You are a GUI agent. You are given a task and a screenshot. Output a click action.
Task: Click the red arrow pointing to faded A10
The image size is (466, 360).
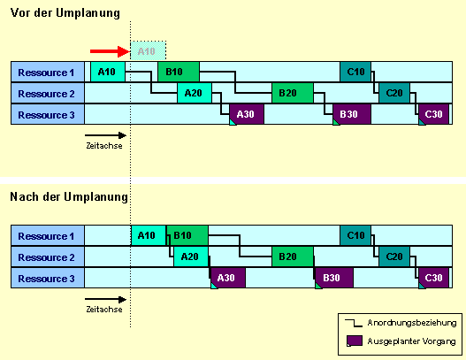click(x=111, y=51)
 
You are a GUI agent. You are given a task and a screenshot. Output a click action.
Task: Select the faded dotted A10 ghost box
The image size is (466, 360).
click(x=148, y=50)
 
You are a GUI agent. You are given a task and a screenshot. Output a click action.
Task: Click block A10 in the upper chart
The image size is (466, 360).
click(x=108, y=72)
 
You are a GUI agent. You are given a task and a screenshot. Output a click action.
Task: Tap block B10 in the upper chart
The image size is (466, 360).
click(x=179, y=72)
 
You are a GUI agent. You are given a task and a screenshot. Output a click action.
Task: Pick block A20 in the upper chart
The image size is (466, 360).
click(x=195, y=93)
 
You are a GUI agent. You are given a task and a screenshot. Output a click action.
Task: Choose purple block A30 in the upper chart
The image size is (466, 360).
click(x=247, y=114)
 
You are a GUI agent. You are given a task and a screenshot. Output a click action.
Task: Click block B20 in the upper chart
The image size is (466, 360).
click(x=293, y=93)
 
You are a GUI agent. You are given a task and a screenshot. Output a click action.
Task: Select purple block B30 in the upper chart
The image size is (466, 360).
click(x=352, y=114)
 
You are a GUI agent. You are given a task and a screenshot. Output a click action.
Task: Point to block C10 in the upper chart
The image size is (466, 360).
click(x=355, y=72)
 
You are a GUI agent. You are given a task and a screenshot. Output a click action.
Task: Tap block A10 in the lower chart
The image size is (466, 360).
click(x=149, y=235)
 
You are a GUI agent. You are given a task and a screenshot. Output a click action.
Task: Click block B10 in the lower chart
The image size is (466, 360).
click(x=187, y=235)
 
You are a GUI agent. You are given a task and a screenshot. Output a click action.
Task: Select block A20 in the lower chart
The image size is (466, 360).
click(x=191, y=257)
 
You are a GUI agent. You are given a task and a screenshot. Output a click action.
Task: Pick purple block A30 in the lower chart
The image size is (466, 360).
click(x=228, y=278)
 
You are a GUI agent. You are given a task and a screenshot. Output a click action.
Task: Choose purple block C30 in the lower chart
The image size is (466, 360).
click(x=433, y=278)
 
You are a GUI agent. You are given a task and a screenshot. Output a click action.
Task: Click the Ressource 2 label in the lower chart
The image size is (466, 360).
click(x=46, y=257)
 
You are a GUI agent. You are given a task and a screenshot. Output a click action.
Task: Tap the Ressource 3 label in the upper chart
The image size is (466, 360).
click(x=46, y=115)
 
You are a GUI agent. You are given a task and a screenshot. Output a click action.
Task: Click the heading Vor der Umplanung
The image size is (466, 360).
click(x=65, y=13)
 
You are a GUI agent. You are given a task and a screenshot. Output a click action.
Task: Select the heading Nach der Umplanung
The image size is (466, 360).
click(x=69, y=196)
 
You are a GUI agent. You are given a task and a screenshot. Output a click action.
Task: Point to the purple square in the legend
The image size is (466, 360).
click(x=355, y=341)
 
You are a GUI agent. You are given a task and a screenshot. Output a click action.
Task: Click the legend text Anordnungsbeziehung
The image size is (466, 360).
click(x=412, y=323)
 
